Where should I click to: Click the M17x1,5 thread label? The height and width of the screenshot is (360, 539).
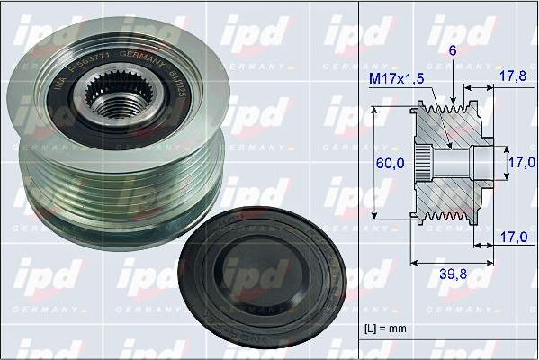397,79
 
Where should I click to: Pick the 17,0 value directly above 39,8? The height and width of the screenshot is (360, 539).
511,238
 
